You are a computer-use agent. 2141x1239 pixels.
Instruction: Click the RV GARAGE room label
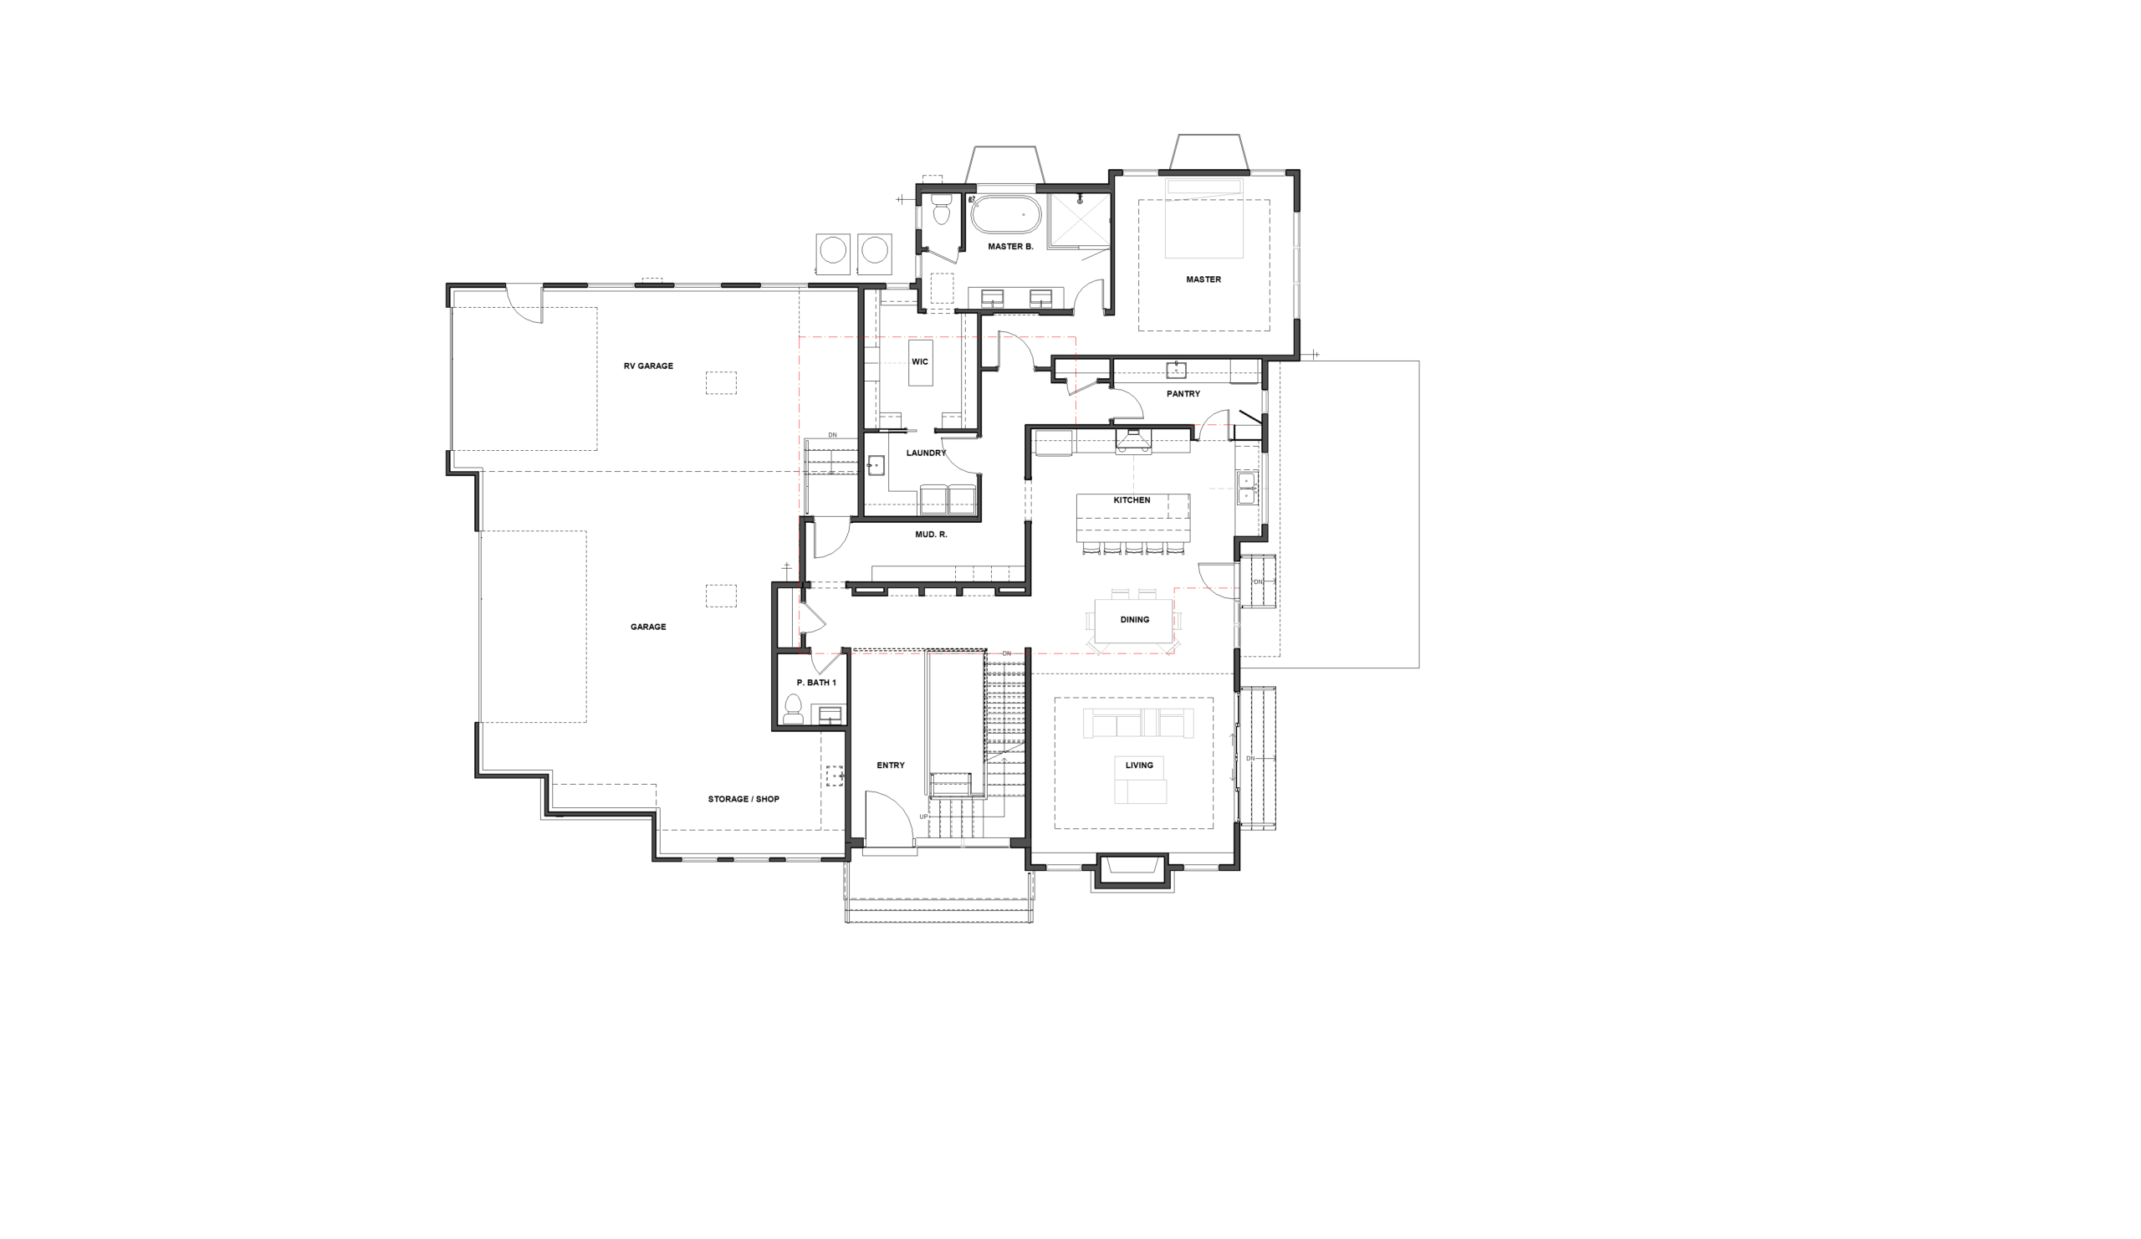point(648,366)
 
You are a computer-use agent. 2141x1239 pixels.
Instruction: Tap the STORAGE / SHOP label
point(743,800)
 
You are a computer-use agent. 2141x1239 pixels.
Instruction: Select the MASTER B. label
point(1010,248)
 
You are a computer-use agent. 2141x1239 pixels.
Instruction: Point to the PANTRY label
point(1183,394)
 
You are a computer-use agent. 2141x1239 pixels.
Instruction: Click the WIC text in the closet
point(920,362)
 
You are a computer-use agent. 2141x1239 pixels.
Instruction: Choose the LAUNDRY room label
point(926,453)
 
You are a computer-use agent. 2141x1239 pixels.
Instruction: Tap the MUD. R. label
point(931,535)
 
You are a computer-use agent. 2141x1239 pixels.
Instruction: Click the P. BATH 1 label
point(816,683)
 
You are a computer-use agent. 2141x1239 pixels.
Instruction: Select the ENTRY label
point(891,765)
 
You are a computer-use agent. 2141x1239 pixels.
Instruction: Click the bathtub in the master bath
point(1005,215)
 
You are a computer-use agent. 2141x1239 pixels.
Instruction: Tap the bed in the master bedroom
point(1203,218)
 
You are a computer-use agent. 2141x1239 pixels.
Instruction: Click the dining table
point(1134,622)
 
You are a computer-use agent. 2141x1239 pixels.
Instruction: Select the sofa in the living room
point(1138,723)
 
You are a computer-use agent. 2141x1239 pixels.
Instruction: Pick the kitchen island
point(1132,518)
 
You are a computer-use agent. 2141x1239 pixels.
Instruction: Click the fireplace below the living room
point(1132,872)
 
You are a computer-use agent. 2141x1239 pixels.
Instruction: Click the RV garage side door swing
point(524,305)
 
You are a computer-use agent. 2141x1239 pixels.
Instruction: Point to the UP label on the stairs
point(923,817)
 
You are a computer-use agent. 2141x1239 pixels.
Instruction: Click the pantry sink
point(1176,370)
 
